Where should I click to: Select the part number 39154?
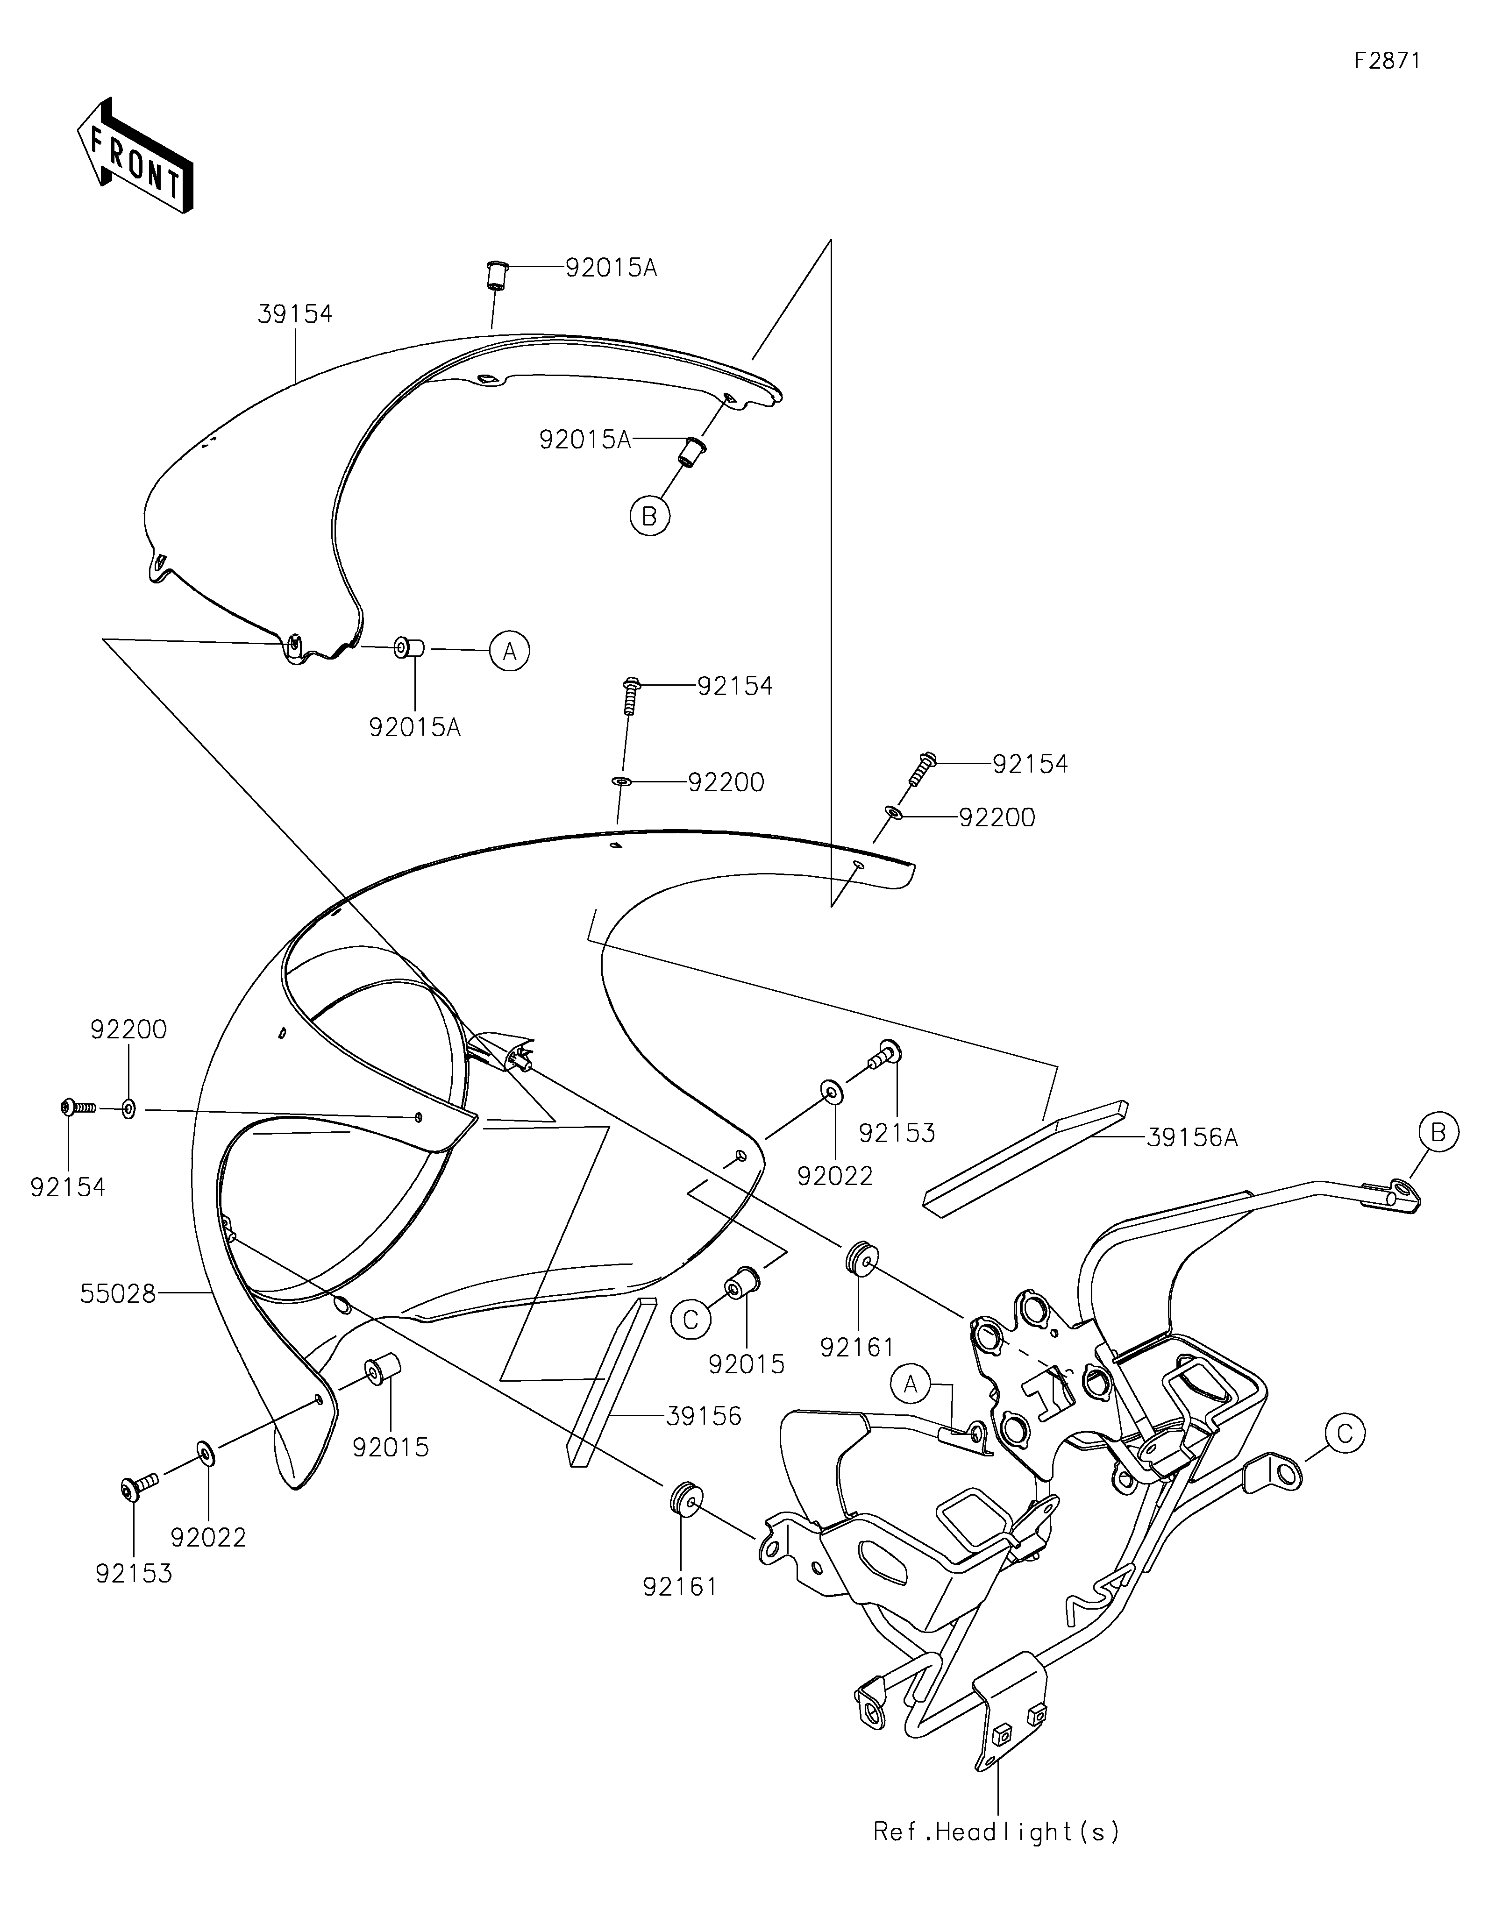pyautogui.click(x=295, y=314)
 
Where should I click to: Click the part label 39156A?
pyautogui.click(x=1192, y=1138)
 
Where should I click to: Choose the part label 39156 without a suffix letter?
pyautogui.click(x=704, y=1415)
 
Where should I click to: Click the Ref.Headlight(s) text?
pyautogui.click(x=997, y=1831)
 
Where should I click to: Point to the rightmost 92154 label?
pyautogui.click(x=1030, y=764)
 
